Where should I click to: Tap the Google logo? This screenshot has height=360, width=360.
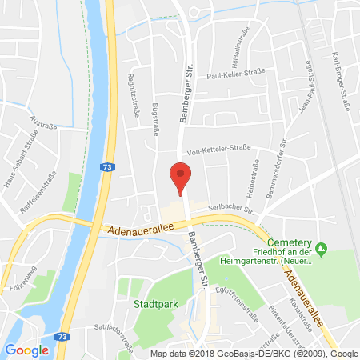click(x=26, y=350)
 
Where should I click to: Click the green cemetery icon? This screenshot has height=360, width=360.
click(x=322, y=248)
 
